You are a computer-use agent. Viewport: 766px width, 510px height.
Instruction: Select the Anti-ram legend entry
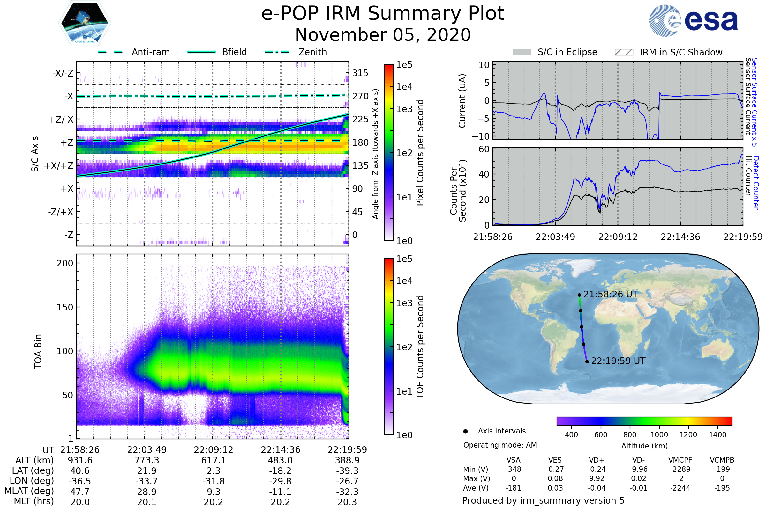point(150,52)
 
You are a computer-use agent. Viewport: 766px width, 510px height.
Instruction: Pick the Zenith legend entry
point(312,52)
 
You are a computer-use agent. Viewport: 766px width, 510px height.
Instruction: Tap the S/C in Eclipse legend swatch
point(522,52)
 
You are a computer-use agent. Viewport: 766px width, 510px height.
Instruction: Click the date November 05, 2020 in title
point(383,35)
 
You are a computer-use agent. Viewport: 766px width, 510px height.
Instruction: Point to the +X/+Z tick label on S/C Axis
point(59,166)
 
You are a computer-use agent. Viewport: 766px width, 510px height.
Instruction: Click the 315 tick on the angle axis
point(360,73)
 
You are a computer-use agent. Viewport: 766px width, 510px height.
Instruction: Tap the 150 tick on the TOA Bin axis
point(65,307)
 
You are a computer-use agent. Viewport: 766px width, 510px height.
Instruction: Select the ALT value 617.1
point(213,461)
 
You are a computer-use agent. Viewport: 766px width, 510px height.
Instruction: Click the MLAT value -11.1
point(280,492)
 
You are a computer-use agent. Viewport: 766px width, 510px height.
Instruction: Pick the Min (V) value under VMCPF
point(680,469)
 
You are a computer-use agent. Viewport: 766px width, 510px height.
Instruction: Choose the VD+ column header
point(597,460)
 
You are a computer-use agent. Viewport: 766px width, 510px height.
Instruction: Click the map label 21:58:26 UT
point(610,294)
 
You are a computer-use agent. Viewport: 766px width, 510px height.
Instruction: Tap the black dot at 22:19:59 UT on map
point(587,362)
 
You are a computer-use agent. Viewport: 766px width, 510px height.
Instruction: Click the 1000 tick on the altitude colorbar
point(659,435)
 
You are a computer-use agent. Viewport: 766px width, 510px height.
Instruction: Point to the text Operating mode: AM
point(500,445)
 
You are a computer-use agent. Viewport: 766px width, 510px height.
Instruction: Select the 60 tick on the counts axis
point(484,149)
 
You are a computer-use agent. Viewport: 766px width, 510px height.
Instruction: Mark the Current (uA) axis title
point(462,101)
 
